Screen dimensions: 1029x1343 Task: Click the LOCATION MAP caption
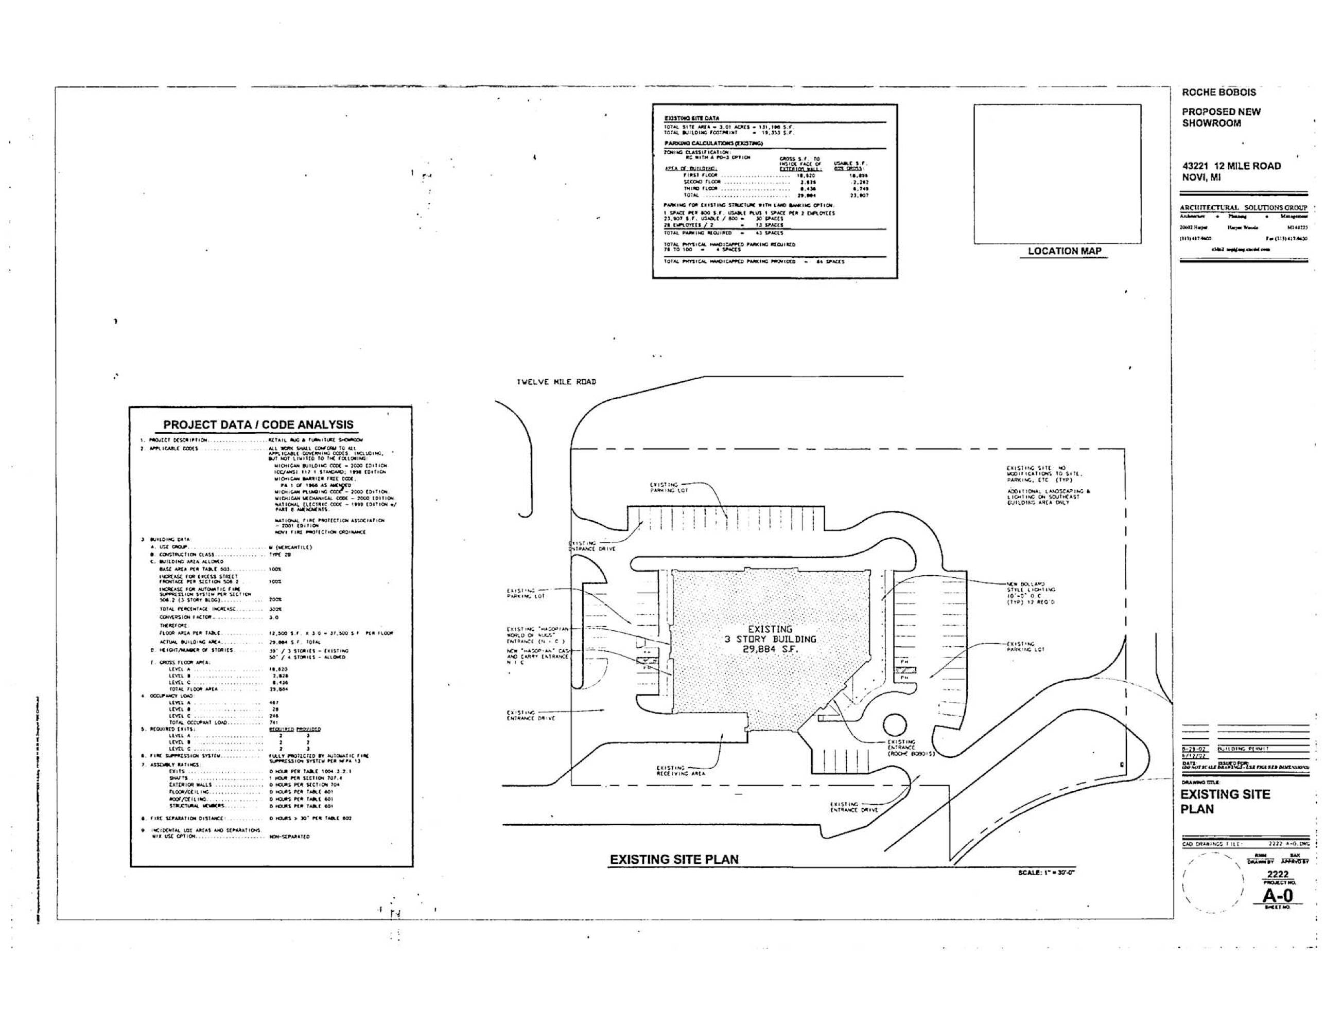tap(1063, 251)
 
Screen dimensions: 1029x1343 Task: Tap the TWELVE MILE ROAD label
tap(556, 382)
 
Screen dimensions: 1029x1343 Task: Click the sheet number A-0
tap(1278, 895)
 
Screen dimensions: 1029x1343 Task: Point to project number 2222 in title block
tap(1278, 874)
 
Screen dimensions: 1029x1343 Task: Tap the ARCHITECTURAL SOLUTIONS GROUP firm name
tap(1243, 208)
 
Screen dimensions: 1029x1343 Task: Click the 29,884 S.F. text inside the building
tap(770, 649)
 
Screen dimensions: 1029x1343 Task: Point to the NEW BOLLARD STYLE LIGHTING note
tap(1031, 593)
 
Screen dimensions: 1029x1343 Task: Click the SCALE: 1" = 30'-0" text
tap(1046, 872)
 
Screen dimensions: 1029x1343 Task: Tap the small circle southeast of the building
tap(895, 724)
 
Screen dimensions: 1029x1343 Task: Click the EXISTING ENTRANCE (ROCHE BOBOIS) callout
tap(911, 748)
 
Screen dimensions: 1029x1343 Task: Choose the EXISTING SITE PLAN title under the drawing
tap(673, 859)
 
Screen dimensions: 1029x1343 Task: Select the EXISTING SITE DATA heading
tap(692, 118)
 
